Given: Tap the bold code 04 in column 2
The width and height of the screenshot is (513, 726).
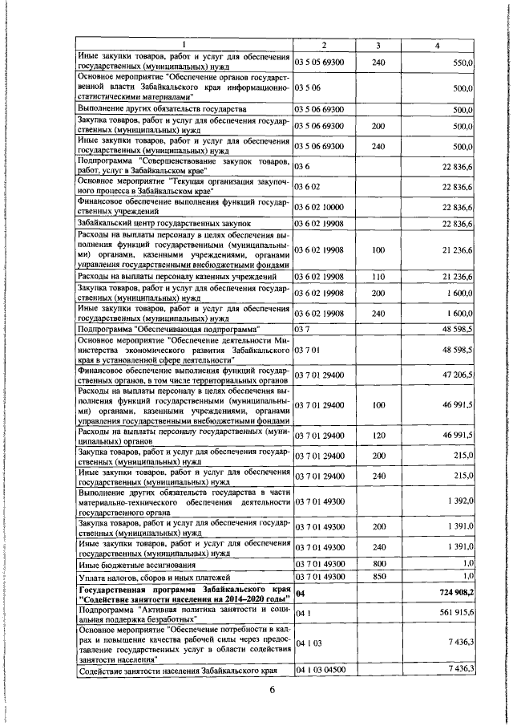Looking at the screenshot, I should click(301, 615).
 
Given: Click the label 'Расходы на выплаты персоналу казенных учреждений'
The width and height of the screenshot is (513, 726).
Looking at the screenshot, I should click(177, 277).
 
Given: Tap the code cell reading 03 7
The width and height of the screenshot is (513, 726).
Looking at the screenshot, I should click(303, 329).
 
